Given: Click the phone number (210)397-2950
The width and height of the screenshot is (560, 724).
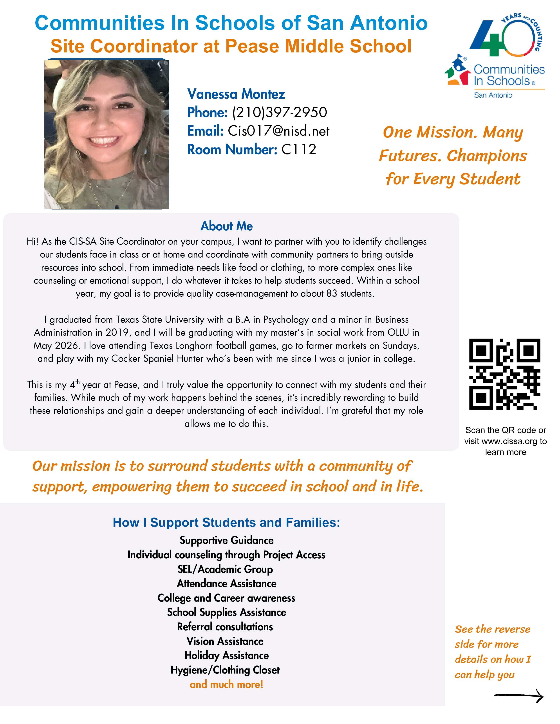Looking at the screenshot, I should click(279, 112).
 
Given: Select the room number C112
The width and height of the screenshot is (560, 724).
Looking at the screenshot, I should click(299, 149).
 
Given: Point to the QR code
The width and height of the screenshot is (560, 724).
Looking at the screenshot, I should click(504, 374).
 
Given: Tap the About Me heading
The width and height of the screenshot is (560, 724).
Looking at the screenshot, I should click(227, 226).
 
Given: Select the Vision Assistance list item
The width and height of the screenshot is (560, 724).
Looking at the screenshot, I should click(225, 641).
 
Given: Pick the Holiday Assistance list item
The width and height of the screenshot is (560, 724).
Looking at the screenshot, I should click(227, 655).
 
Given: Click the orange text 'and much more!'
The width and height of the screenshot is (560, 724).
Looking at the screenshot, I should click(226, 684).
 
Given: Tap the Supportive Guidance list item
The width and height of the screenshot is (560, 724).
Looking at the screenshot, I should click(227, 540).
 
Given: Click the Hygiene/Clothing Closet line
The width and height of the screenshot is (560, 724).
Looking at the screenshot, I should click(225, 670).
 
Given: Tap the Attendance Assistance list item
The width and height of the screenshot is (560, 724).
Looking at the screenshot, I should click(227, 583).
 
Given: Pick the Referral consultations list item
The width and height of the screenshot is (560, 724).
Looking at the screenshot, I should click(225, 627).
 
